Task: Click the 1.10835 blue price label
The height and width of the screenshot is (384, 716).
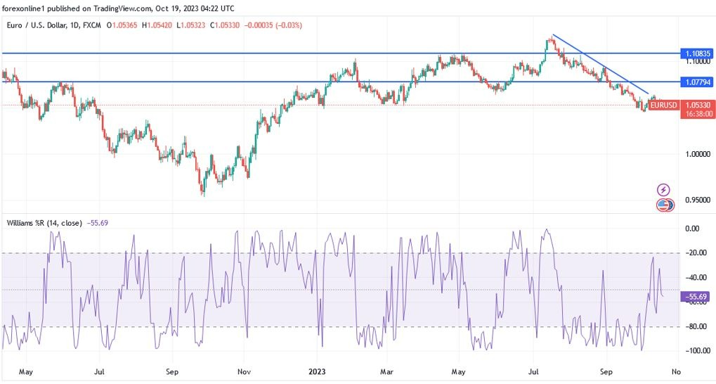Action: click(697, 53)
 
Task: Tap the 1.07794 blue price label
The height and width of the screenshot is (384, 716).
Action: click(697, 82)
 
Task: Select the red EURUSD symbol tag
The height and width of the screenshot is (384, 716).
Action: click(663, 105)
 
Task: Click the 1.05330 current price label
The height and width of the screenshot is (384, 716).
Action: click(697, 105)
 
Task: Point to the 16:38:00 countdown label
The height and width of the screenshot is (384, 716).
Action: click(697, 113)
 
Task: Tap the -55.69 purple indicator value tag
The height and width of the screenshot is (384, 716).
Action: click(696, 297)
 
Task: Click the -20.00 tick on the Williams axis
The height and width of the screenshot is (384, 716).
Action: click(696, 253)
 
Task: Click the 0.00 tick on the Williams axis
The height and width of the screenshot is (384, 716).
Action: click(692, 229)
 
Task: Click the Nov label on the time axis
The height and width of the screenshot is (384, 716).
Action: click(244, 371)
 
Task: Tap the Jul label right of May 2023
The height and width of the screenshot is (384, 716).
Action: click(533, 371)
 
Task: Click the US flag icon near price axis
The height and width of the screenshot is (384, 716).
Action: click(663, 205)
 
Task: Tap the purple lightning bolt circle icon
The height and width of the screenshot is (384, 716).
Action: click(663, 190)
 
